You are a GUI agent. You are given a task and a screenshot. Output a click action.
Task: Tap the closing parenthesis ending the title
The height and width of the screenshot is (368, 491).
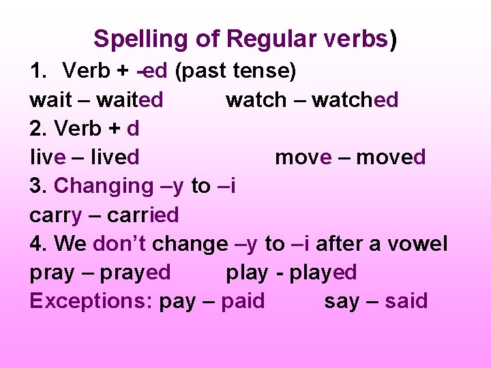[x=393, y=39]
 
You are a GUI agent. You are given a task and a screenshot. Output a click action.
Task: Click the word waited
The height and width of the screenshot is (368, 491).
[x=130, y=100]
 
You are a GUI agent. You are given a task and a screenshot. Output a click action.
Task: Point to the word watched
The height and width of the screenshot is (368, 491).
[x=355, y=100]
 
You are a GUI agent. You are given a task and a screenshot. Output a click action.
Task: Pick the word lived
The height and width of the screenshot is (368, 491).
[x=113, y=157]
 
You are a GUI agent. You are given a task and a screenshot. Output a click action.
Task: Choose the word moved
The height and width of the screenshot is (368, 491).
[x=391, y=157]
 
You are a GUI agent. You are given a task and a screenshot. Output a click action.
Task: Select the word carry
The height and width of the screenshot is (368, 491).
[x=55, y=215]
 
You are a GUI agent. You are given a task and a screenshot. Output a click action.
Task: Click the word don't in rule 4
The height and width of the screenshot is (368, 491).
[x=120, y=243]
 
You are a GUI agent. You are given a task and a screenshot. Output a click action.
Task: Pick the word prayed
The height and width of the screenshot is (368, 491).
[x=135, y=273]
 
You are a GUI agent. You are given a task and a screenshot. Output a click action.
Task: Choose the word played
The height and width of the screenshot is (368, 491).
[x=323, y=273]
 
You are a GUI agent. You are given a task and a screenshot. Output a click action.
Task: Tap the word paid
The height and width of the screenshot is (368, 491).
[x=242, y=301]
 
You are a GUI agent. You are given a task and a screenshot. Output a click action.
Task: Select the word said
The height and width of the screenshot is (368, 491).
[x=406, y=301]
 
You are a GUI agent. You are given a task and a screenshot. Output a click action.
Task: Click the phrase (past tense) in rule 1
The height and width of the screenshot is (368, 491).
[x=235, y=71]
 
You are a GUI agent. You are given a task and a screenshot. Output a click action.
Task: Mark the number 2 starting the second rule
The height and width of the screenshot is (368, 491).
[x=36, y=129]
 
